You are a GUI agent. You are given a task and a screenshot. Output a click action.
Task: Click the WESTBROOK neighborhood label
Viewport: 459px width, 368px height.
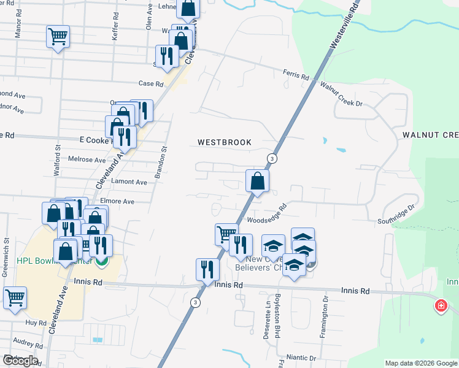224,142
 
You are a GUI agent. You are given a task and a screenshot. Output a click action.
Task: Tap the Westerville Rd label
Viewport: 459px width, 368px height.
342,25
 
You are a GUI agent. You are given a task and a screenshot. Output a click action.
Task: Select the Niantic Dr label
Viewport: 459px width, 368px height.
301,357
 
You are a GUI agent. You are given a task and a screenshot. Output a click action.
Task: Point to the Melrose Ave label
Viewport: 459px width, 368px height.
87,159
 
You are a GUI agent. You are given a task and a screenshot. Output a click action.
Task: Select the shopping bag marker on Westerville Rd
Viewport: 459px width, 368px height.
257,181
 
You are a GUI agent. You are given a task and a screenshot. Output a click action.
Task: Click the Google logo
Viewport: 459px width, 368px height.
20,361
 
